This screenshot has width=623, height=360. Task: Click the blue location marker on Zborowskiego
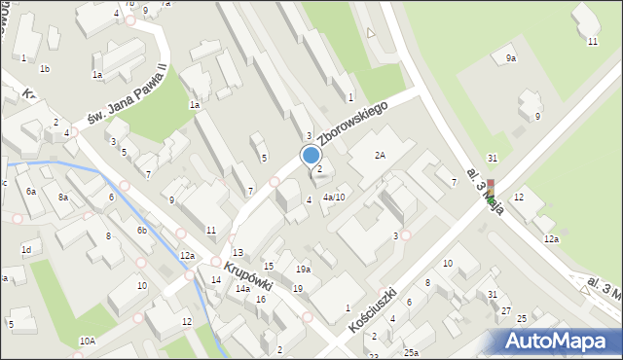[x=311, y=155]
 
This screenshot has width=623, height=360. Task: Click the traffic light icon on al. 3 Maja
[x=492, y=192]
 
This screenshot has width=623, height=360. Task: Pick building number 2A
[x=380, y=155]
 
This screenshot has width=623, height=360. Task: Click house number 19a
[x=304, y=269]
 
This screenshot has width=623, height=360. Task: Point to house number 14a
[x=242, y=289]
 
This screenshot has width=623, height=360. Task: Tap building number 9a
[x=511, y=59]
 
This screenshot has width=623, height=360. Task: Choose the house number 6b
[x=141, y=230]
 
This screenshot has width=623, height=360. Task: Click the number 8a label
[x=63, y=198]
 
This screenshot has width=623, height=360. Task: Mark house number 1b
[x=45, y=69]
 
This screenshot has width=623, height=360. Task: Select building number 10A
[x=88, y=341]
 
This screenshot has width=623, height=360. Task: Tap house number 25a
[x=411, y=352]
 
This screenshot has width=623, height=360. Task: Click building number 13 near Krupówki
[x=237, y=252]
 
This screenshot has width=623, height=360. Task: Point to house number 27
[x=505, y=310]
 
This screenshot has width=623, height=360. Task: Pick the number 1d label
[x=26, y=250]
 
